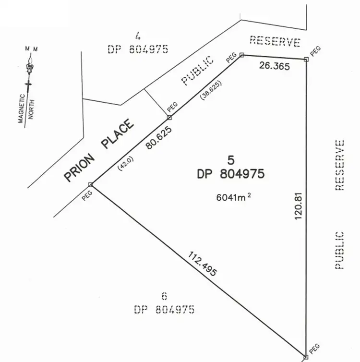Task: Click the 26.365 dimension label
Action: click(274, 66)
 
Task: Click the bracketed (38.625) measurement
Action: click(212, 93)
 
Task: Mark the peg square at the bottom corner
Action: click(306, 357)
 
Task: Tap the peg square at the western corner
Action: click(90, 184)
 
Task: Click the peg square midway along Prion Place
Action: click(169, 117)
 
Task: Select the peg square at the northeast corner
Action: click(307, 59)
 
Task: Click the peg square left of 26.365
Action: click(241, 55)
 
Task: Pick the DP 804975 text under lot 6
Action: click(164, 310)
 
